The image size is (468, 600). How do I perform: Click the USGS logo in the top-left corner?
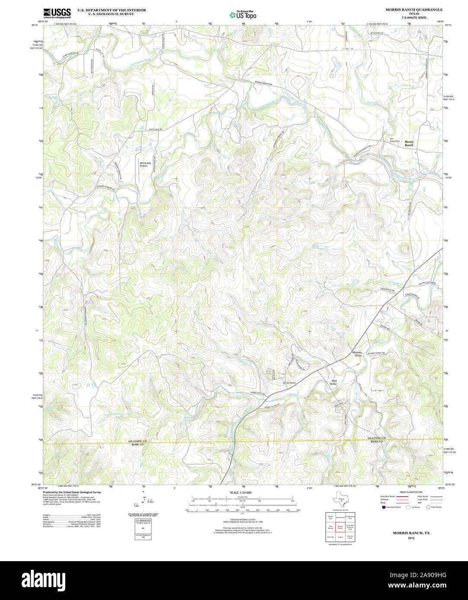57,13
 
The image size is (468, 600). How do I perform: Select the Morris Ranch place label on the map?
409,143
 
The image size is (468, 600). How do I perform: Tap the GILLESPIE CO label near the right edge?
377,438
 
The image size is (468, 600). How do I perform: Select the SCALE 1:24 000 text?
241,493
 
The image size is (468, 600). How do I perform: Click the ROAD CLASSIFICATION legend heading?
411,492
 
